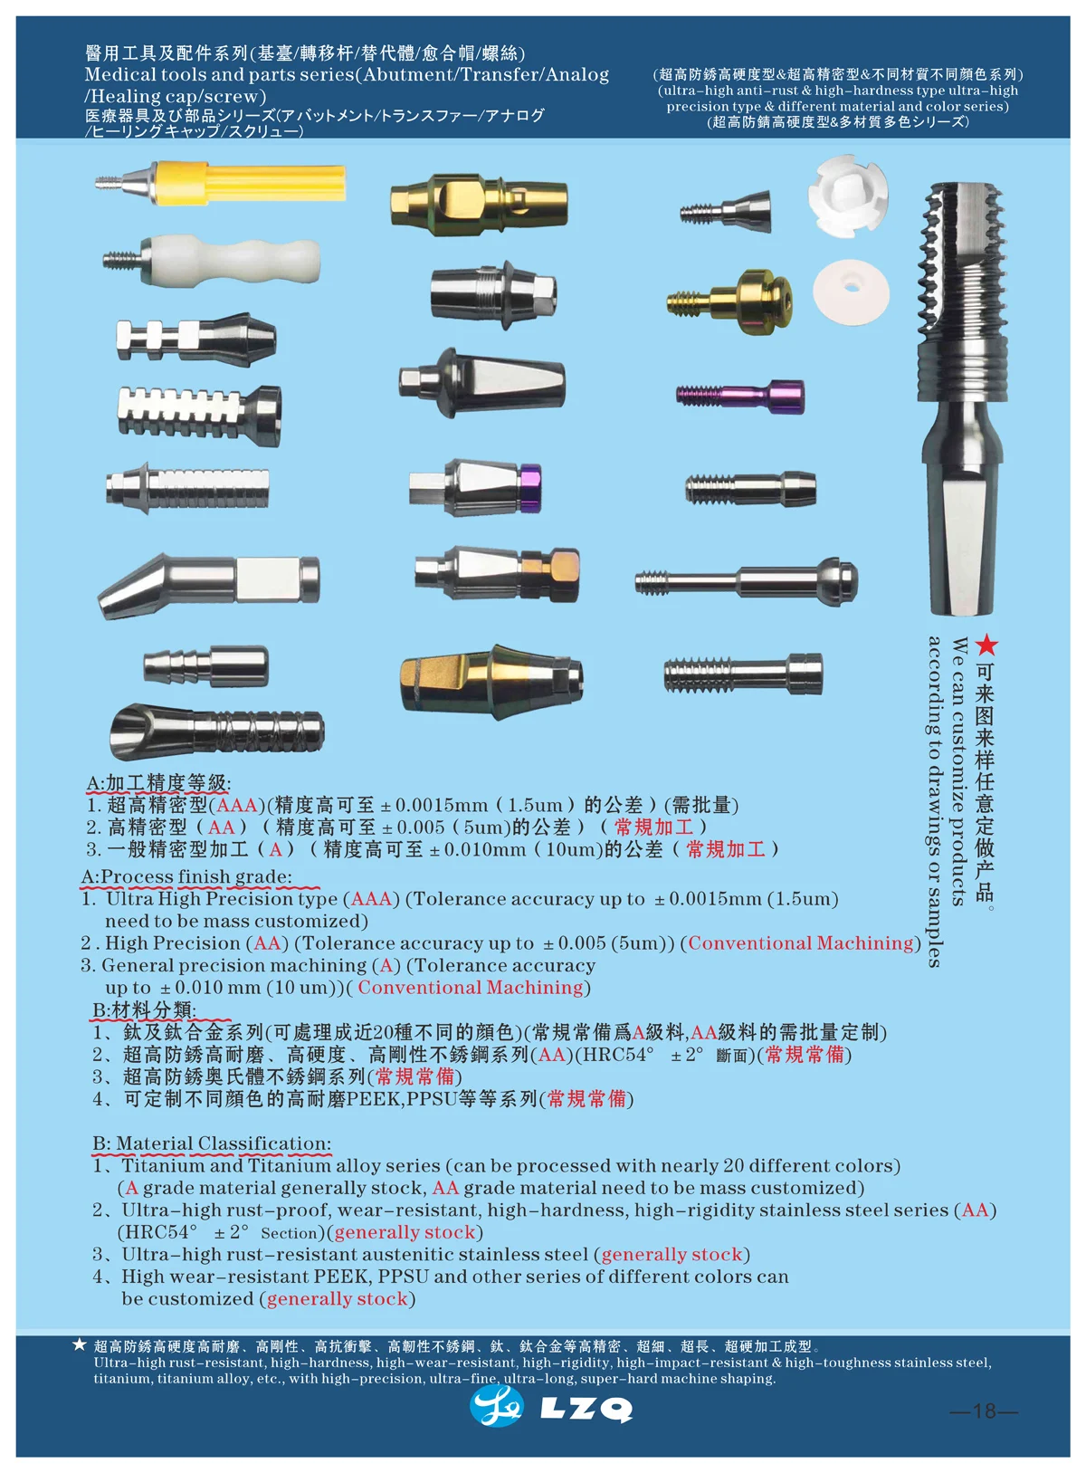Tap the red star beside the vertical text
tap(986, 646)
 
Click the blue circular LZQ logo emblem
tap(496, 1406)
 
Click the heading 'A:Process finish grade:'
tap(186, 876)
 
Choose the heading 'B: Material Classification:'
tap(212, 1143)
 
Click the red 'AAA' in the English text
tap(371, 899)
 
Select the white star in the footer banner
tap(80, 1344)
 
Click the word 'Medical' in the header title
tap(119, 75)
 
